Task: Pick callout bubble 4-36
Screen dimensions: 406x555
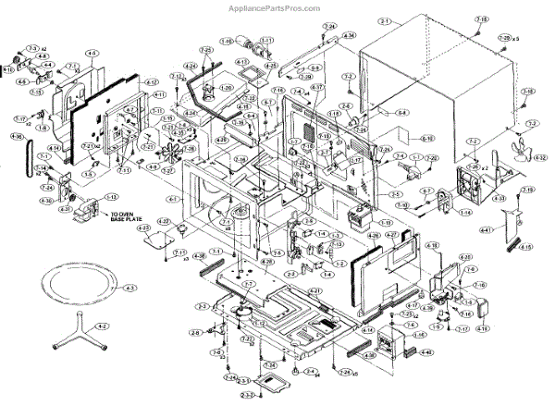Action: (17, 136)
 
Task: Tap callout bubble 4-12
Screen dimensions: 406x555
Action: (154, 82)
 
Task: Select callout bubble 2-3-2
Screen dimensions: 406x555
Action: (248, 396)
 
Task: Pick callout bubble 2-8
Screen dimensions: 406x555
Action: (196, 332)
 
